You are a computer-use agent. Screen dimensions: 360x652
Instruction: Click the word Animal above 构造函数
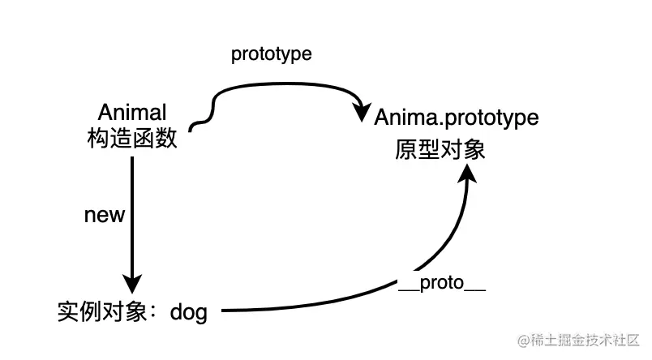131,113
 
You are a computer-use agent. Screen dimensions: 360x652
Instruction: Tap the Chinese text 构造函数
131,139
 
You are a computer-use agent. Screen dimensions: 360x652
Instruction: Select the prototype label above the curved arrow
272,54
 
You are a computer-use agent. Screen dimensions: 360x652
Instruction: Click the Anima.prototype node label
456,118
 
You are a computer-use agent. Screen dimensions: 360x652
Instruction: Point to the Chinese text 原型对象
440,150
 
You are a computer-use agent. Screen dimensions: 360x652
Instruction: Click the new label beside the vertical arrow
105,215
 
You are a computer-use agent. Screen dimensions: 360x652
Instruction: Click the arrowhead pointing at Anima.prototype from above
359,113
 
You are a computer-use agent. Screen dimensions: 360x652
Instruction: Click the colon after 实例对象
156,311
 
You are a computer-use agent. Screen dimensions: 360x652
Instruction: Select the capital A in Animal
104,113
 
